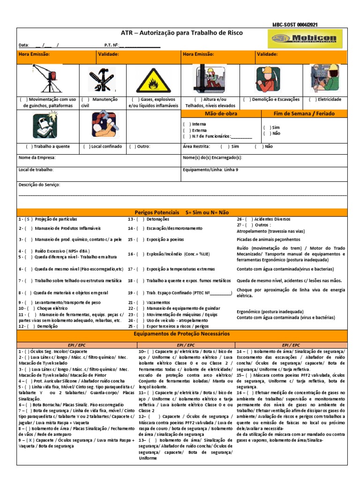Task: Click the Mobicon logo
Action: (x=305, y=39)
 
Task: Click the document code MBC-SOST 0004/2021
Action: (x=297, y=25)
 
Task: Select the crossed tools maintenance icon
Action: (x=101, y=80)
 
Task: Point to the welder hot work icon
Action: (x=46, y=125)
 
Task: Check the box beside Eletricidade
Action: (x=312, y=99)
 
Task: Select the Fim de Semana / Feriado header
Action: (x=304, y=113)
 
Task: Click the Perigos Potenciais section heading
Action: (x=182, y=212)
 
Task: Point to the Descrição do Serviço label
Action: (x=39, y=185)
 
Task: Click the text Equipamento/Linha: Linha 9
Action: (x=210, y=170)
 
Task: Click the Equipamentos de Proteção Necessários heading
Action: (x=182, y=334)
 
